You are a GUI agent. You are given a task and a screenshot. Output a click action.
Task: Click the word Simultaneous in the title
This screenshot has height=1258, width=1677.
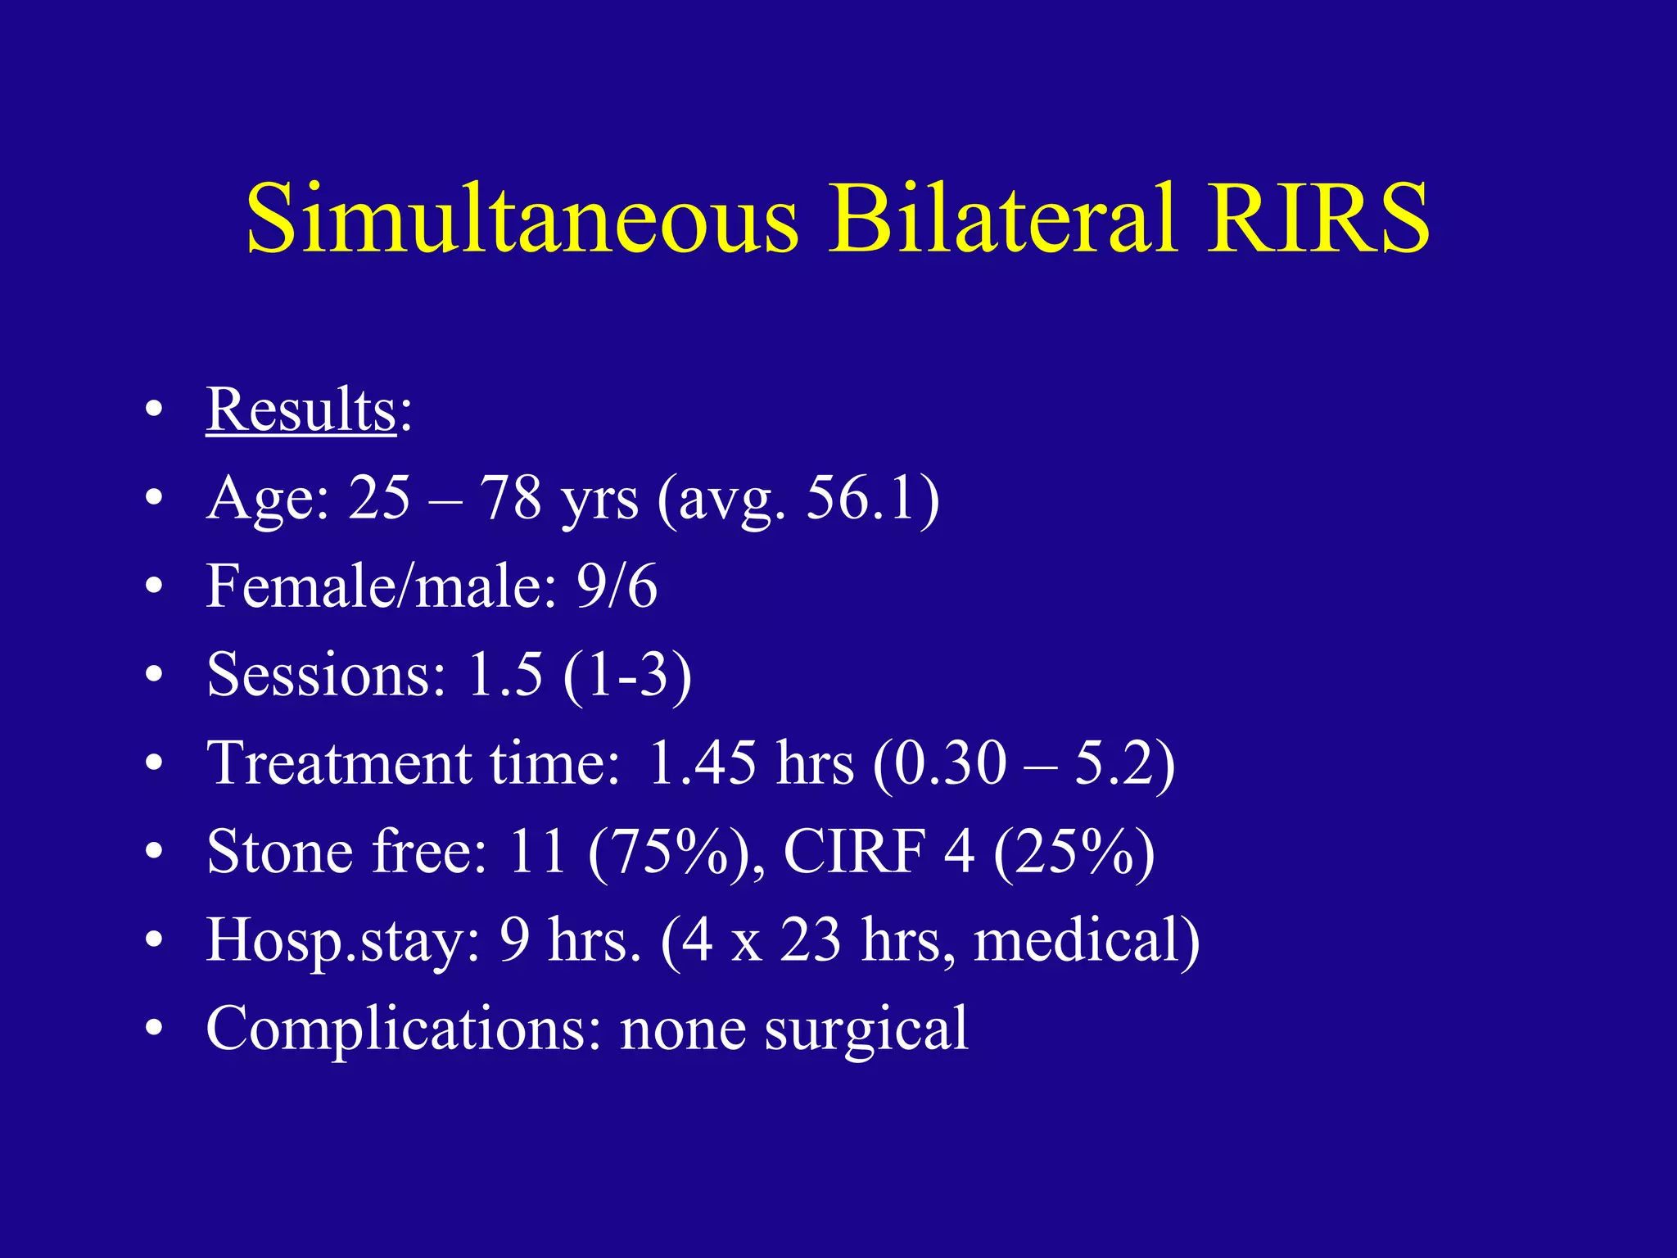coord(522,219)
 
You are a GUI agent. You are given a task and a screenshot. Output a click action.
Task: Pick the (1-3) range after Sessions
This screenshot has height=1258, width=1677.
coord(627,675)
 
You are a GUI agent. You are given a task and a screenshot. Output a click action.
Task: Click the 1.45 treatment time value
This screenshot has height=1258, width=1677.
coord(702,763)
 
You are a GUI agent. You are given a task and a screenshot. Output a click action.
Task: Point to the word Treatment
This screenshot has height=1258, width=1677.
coord(338,763)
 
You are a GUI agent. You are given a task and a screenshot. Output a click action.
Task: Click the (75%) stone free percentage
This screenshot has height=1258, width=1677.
coord(667,852)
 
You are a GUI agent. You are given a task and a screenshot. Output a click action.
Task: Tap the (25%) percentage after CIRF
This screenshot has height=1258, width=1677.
coord(1074,852)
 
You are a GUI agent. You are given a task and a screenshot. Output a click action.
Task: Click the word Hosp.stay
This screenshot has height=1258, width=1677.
coord(343,940)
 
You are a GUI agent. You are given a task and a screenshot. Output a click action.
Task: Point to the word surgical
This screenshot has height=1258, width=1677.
coord(866,1029)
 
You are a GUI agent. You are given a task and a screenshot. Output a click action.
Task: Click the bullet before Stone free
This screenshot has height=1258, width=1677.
coord(153,853)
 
